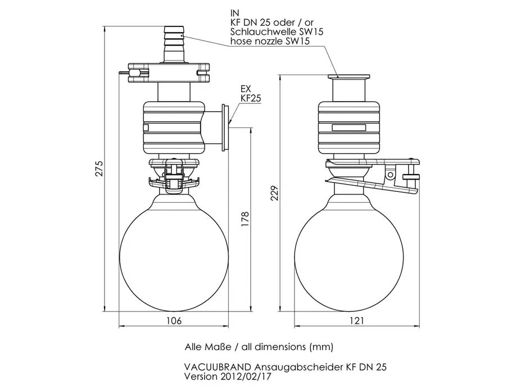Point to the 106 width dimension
[x=175, y=320]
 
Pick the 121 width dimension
[x=357, y=320]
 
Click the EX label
[x=245, y=89]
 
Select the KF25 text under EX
[x=250, y=98]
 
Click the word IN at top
[x=234, y=12]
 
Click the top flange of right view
[x=349, y=77]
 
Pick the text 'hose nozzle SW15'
[x=262, y=42]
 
